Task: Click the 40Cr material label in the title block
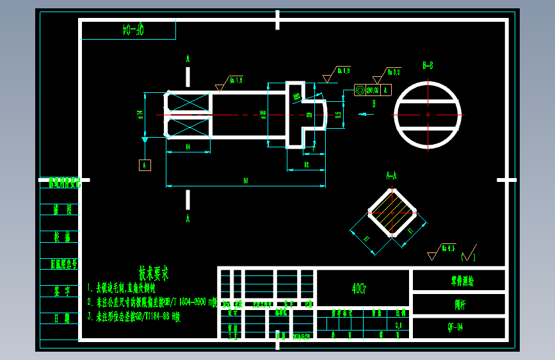359,288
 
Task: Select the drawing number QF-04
456,327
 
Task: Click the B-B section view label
428,65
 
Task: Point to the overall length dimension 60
245,181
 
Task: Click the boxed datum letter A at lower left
145,165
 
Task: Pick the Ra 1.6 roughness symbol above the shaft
234,81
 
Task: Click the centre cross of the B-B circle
428,115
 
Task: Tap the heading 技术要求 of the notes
154,274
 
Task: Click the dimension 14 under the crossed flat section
188,147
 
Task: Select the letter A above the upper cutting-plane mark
188,58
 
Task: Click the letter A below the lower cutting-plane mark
188,218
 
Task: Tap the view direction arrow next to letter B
366,115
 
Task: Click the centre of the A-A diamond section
391,213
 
